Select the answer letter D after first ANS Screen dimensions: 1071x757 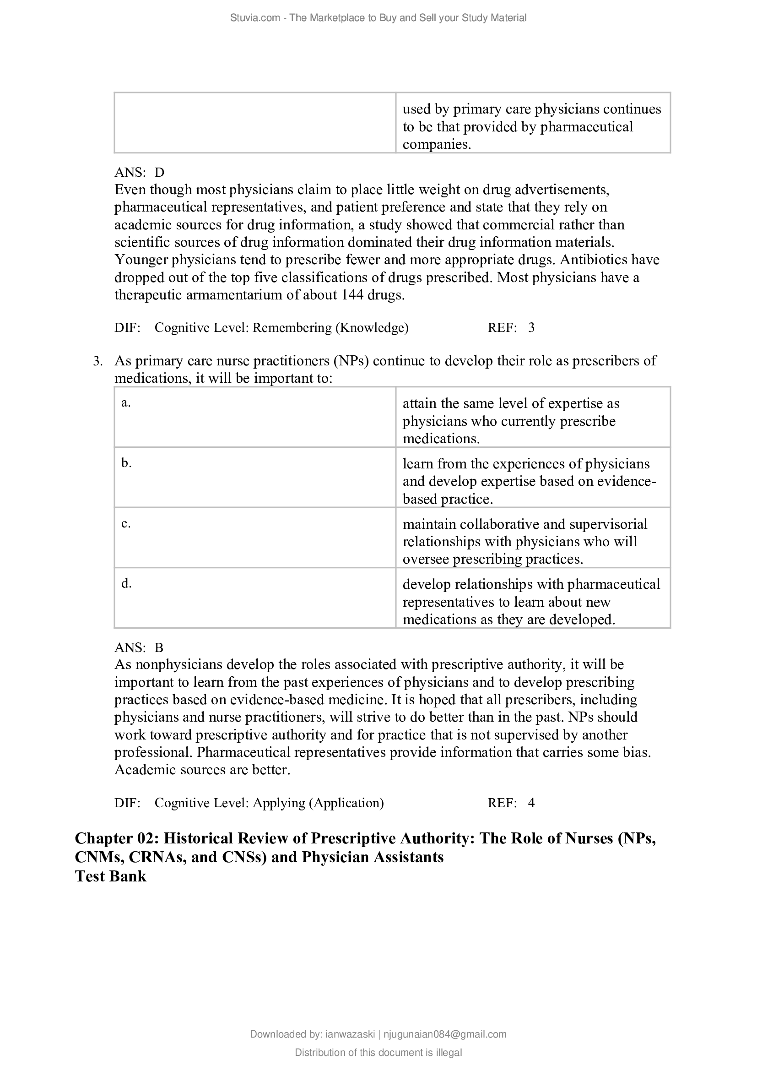tap(159, 173)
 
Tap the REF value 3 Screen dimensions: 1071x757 tap(531, 328)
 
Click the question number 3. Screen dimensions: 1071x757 tap(97, 361)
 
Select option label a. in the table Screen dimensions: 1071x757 tap(126, 403)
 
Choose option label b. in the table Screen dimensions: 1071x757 tap(126, 463)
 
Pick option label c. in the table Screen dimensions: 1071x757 tap(126, 523)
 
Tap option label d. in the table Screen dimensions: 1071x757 tap(126, 583)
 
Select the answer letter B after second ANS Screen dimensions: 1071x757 tap(159, 648)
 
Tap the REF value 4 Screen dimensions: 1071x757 tap(531, 803)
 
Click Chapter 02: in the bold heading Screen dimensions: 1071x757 tap(117, 839)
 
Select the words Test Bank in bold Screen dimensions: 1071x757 tap(110, 876)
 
